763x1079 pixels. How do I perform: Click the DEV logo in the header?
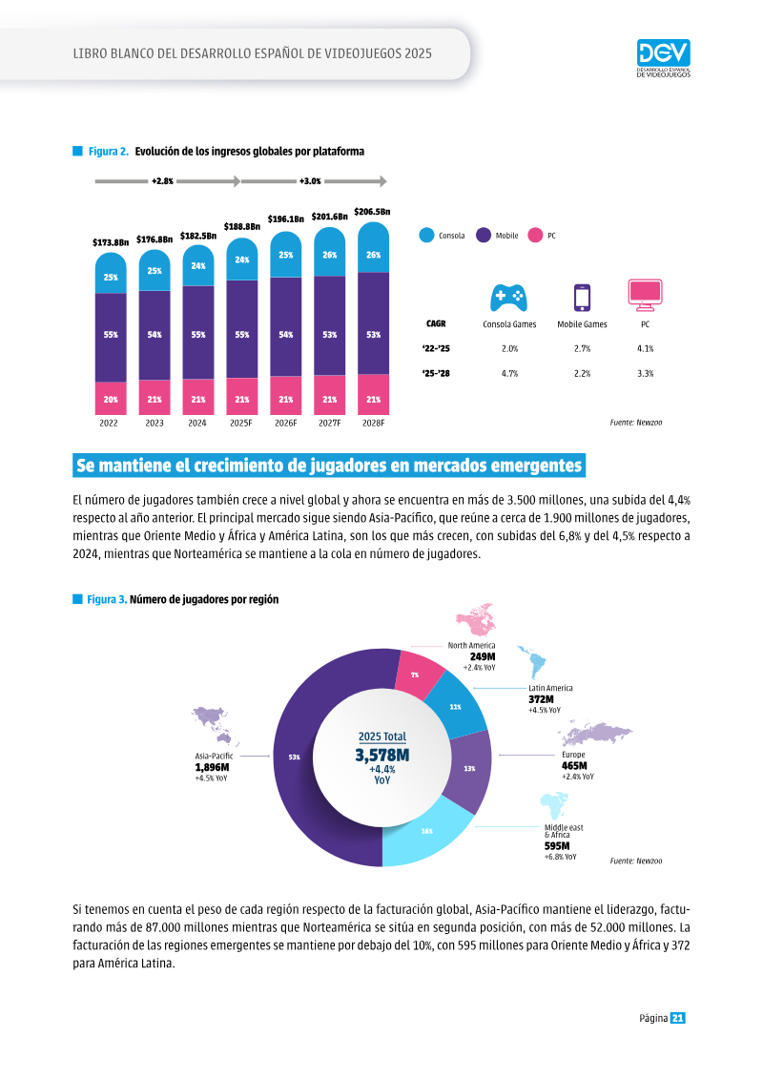[663, 58]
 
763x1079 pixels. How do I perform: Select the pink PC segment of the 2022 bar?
[111, 399]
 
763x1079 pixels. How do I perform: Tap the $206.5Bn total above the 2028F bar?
[372, 212]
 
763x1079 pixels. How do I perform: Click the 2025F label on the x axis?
[240, 424]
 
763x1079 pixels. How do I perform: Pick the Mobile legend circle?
[484, 236]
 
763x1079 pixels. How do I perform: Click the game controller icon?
[508, 298]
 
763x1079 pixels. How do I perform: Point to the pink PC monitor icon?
[645, 295]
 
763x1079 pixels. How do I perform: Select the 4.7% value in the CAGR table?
[510, 374]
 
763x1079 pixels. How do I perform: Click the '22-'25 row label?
[436, 349]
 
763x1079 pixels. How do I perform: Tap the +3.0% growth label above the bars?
[310, 181]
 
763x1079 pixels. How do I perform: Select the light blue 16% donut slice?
[426, 831]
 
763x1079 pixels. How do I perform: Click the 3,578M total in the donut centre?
[381, 756]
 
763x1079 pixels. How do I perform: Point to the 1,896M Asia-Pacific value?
[212, 767]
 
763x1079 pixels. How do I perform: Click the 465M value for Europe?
[574, 766]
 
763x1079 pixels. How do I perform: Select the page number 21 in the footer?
[678, 1018]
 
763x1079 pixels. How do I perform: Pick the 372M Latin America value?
[541, 699]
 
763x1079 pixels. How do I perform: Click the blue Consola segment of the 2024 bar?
[198, 265]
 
